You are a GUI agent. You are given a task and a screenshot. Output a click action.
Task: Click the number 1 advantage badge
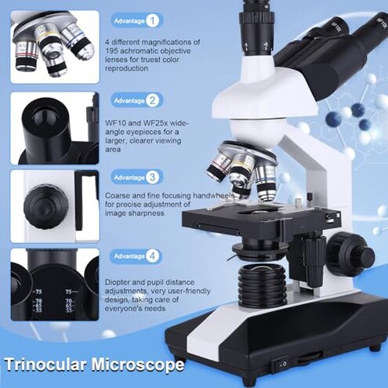point(153,20)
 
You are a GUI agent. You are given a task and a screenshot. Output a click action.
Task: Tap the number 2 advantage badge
point(153,100)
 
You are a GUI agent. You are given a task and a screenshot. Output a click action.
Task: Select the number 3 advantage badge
point(153,177)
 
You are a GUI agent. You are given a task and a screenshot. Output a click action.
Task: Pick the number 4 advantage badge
point(153,256)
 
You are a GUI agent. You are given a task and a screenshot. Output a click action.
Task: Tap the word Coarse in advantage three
point(118,199)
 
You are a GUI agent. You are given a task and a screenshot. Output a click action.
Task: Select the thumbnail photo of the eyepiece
point(55,127)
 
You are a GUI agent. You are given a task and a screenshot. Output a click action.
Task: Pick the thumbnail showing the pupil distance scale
point(55,286)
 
